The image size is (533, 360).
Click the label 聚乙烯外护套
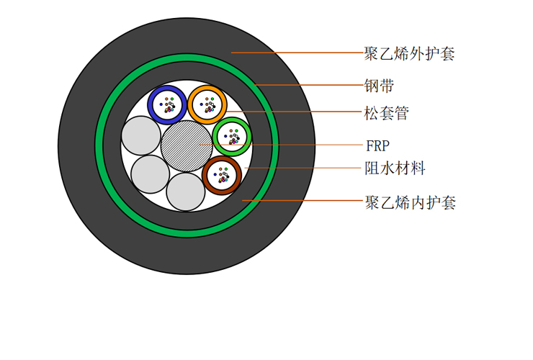[x=409, y=54]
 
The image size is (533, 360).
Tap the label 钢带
[x=379, y=86]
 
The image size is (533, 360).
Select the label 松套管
[x=387, y=113]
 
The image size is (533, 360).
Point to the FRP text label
[x=377, y=146]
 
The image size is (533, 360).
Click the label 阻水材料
[x=395, y=168]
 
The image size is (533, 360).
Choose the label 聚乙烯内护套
[x=411, y=202]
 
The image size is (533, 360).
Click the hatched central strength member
[x=187, y=146]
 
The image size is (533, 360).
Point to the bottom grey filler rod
[x=186, y=192]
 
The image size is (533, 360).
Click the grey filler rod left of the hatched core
[x=141, y=135]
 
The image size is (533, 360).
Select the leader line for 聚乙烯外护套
[x=297, y=53]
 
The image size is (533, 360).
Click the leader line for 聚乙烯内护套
[x=303, y=200]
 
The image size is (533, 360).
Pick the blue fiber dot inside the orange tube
[x=201, y=104]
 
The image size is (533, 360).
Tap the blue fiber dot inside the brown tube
[x=215, y=175]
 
